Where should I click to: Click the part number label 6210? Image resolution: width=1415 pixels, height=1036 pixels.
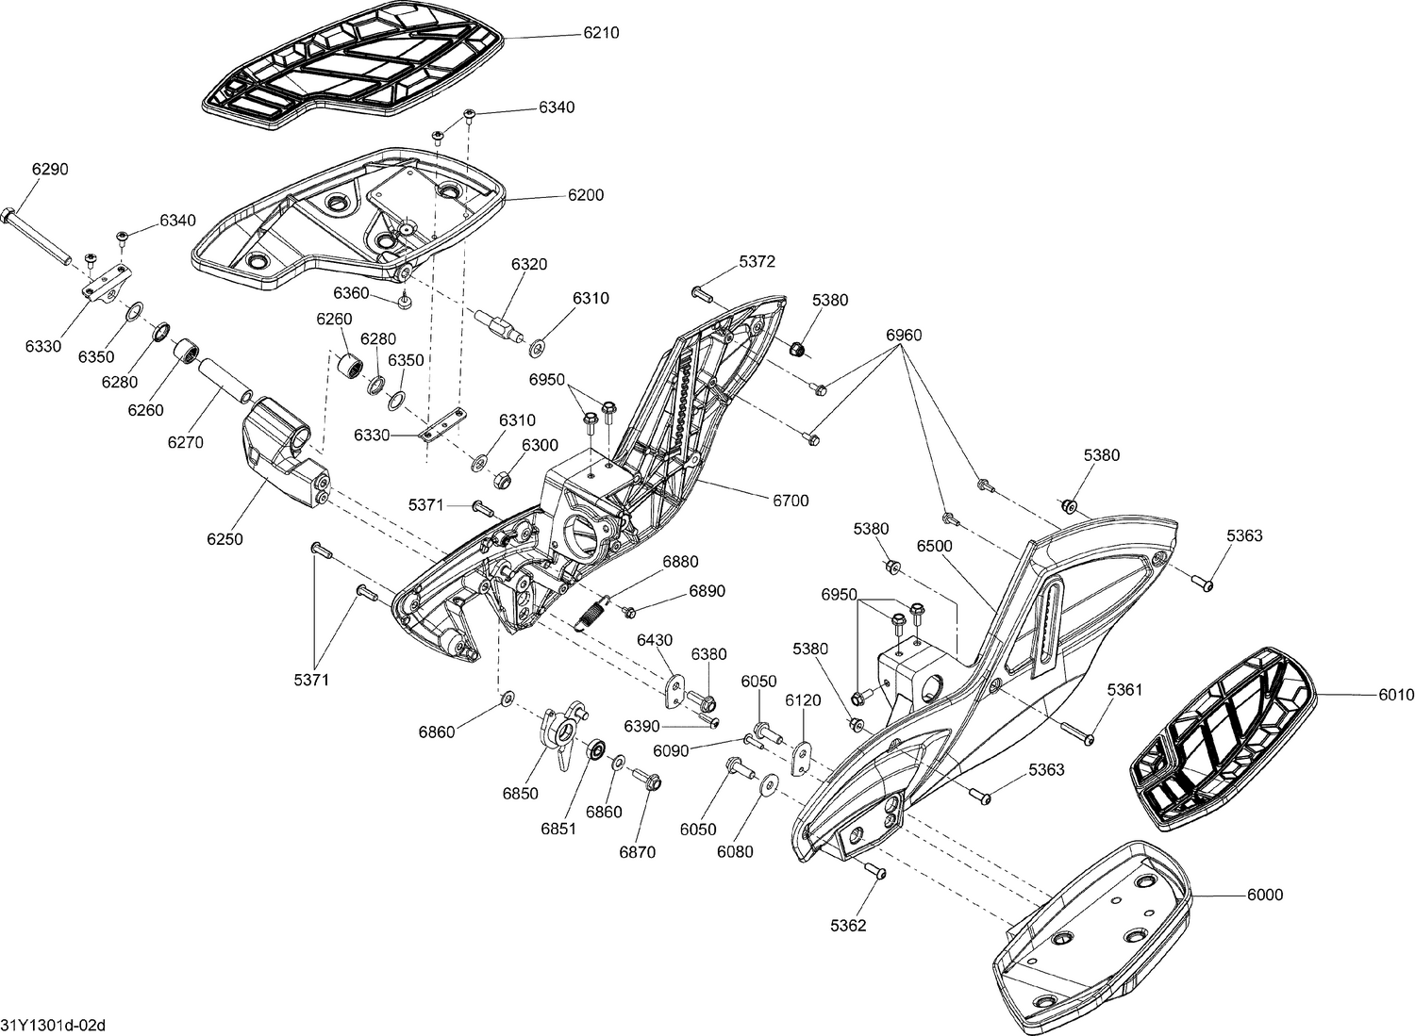pos(601,32)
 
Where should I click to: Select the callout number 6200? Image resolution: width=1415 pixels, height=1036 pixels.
pos(585,195)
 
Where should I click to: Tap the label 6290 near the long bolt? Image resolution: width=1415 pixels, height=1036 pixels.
pos(50,169)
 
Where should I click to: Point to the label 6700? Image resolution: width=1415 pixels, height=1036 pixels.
pos(791,501)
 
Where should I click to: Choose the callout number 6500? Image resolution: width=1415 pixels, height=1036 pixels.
pos(934,546)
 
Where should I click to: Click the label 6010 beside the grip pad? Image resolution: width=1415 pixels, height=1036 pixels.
pos(1396,695)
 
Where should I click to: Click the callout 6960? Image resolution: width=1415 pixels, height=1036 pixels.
pos(904,335)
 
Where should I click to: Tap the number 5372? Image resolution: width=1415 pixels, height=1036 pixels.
pos(757,260)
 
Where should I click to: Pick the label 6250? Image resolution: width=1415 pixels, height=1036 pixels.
pos(225,539)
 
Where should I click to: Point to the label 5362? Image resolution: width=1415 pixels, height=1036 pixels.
pos(848,926)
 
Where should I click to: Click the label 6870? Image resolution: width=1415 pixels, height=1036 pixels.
pos(637,852)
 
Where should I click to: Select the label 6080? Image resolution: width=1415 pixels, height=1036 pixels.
pos(735,852)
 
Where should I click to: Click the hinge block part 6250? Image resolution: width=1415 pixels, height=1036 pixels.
pos(284,452)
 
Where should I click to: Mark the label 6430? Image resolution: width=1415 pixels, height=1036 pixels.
pos(655,639)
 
